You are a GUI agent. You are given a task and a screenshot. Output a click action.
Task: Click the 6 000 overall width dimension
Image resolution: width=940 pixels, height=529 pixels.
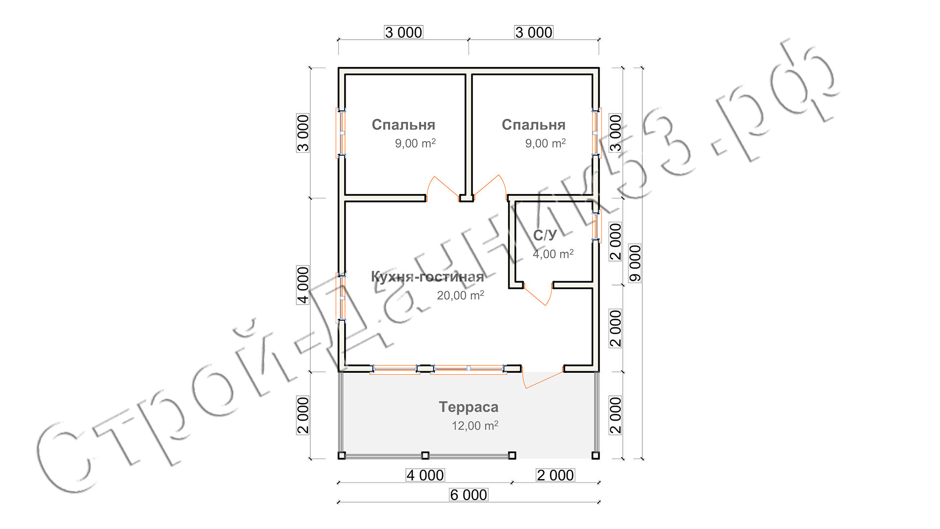pos(469,495)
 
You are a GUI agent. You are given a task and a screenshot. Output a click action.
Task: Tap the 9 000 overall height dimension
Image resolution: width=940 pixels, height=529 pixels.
pos(635,263)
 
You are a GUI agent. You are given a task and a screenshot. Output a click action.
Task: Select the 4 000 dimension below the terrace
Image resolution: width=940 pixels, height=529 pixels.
pos(425,475)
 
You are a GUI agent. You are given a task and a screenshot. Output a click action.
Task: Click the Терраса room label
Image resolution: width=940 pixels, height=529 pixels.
pos(469,407)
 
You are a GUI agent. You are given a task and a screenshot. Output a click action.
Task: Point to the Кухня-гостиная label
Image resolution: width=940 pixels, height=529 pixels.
pos(427,277)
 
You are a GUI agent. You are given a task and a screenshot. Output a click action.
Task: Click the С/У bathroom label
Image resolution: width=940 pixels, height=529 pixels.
pos(545,235)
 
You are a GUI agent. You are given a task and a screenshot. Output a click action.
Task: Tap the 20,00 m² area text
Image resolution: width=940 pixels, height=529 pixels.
pos(461,295)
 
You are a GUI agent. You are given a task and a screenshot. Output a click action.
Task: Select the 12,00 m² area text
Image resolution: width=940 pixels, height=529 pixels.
pos(475,426)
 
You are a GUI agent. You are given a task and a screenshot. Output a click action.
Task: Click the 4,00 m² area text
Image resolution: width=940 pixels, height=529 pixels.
pos(553,254)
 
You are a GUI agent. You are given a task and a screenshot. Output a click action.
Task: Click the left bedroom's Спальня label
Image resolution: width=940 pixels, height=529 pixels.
pos(403,125)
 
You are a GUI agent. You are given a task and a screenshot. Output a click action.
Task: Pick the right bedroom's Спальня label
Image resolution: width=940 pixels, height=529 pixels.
pos(534,125)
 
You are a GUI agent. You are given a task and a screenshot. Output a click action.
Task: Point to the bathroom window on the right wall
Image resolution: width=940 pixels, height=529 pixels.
pos(596,226)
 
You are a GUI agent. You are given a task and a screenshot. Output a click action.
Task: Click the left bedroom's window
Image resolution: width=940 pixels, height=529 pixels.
pos(341,133)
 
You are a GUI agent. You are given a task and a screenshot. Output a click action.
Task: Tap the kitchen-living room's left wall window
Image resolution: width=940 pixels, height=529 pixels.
pos(341,297)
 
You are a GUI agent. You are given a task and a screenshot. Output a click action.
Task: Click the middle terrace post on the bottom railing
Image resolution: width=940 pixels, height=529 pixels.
pos(425,456)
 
